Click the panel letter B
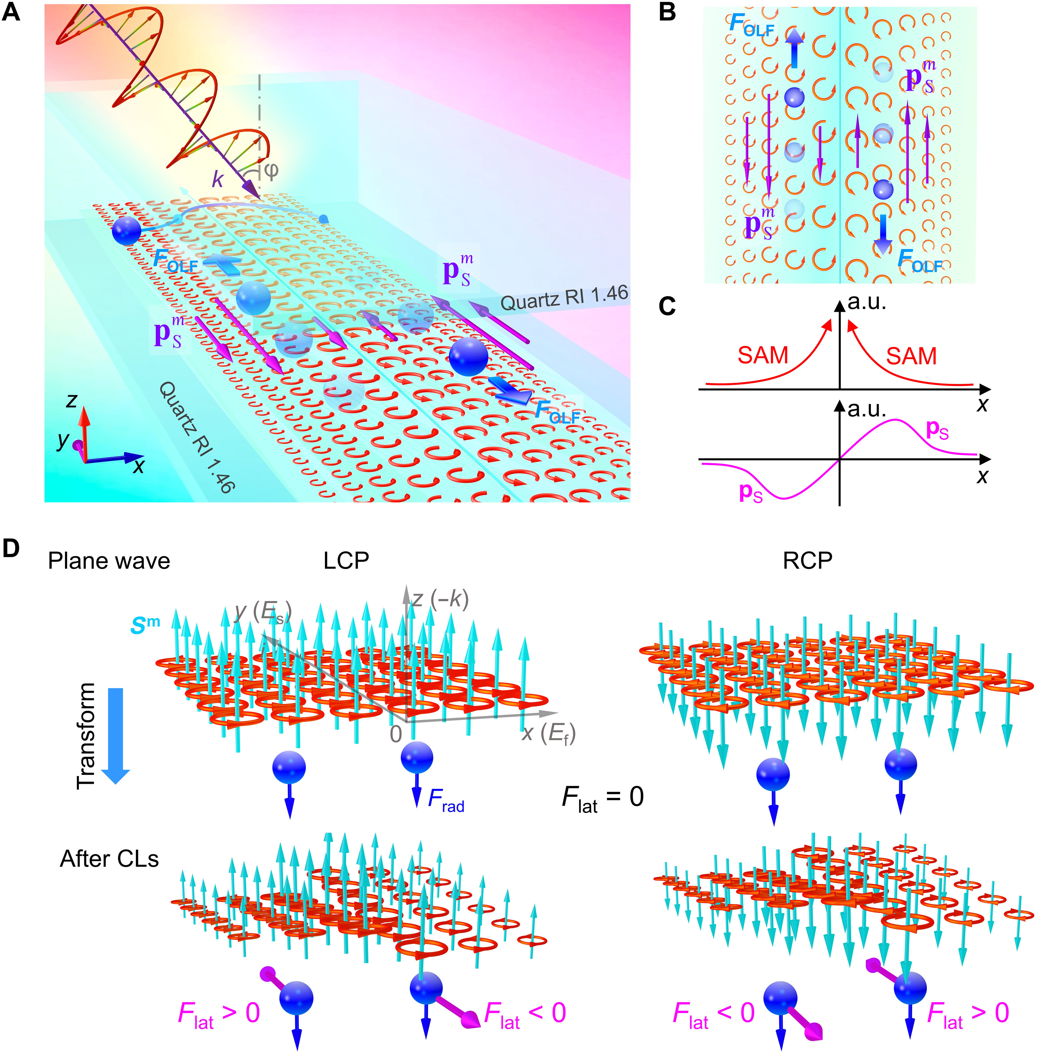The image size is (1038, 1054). coord(667,12)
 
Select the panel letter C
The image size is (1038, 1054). coord(667,307)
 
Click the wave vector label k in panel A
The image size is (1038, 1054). coord(218,179)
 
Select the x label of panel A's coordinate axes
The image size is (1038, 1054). coord(139,466)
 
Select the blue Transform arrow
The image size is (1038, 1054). coord(116,736)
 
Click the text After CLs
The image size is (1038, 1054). coord(109,859)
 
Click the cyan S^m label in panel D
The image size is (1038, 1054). coord(145,625)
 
